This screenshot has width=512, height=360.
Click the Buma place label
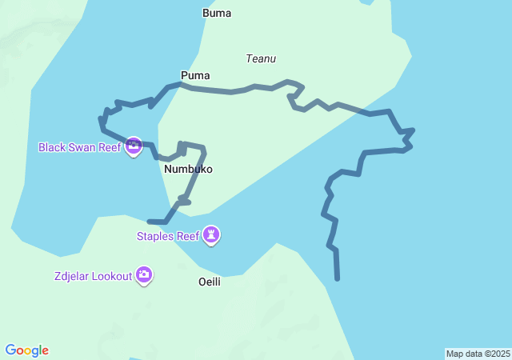click(x=217, y=13)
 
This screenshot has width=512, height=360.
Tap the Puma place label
click(x=195, y=75)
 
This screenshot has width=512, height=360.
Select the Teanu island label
click(x=261, y=58)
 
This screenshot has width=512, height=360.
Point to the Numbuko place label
click(x=188, y=170)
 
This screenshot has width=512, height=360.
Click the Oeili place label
click(x=210, y=282)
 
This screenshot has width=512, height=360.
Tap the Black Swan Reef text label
click(x=79, y=147)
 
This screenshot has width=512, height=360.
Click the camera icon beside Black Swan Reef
click(x=134, y=146)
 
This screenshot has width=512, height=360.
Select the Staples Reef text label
click(x=167, y=236)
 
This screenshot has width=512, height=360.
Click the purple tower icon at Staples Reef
click(x=211, y=235)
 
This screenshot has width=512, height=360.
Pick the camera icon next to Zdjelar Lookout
click(x=144, y=276)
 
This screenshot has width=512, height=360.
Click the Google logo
click(x=27, y=350)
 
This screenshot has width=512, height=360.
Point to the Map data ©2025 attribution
click(x=478, y=354)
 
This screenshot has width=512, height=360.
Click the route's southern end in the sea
click(x=338, y=278)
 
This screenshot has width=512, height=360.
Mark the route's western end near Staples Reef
click(x=150, y=222)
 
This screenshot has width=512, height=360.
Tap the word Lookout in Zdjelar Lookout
click(x=111, y=276)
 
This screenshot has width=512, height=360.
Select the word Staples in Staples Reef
click(x=155, y=236)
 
